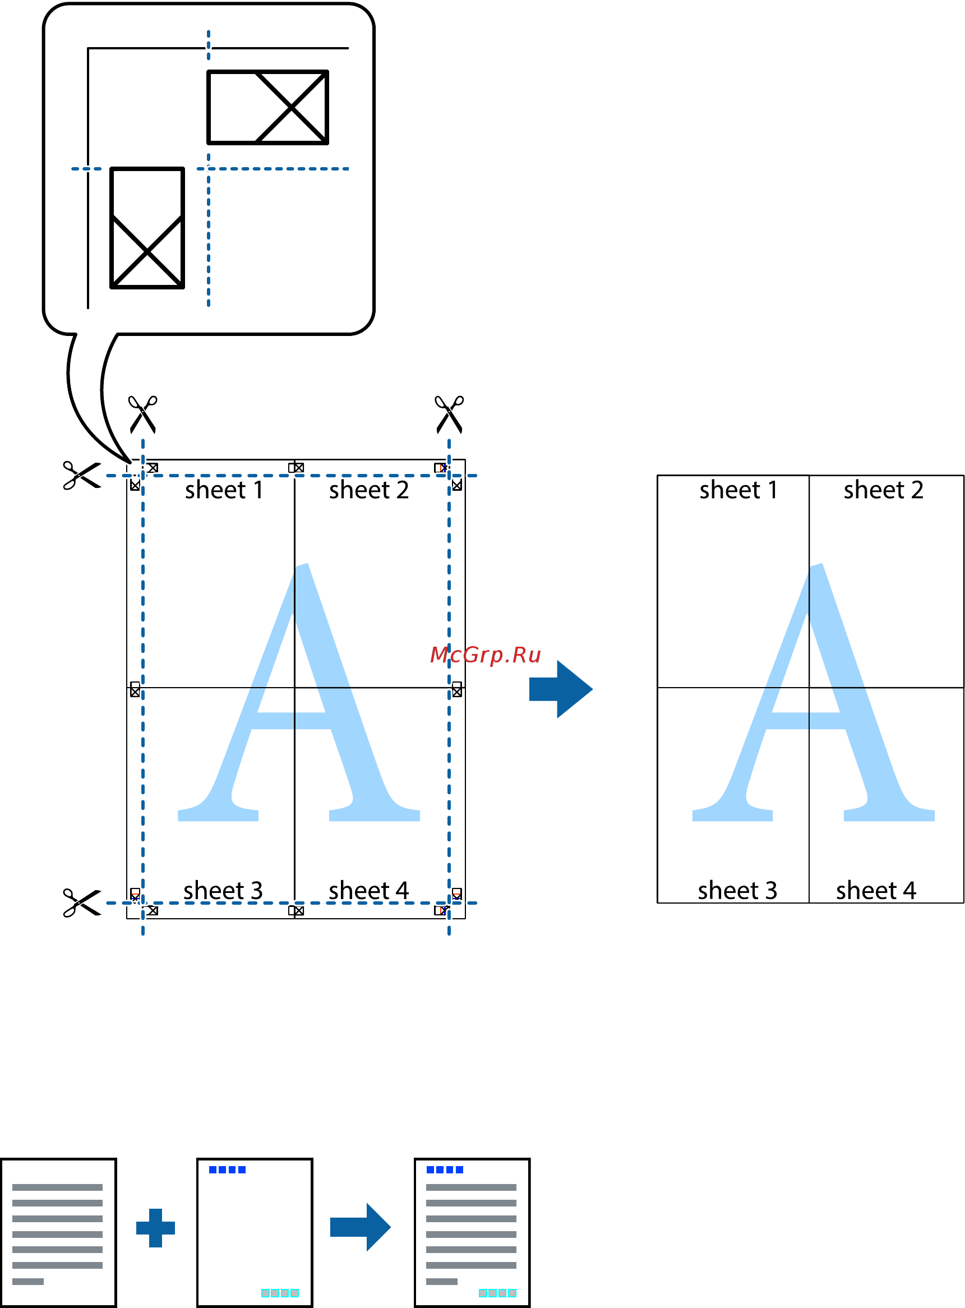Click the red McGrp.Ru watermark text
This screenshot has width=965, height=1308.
[486, 655]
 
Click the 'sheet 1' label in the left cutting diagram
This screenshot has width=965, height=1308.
[224, 490]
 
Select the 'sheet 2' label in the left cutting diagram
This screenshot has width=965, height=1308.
[368, 490]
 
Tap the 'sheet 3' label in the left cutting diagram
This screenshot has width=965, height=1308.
[223, 890]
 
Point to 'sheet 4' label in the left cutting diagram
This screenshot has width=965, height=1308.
[368, 890]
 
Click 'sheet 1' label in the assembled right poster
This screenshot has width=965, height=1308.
[738, 490]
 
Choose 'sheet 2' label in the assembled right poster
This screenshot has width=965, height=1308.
[883, 490]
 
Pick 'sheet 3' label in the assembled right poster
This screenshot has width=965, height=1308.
[737, 890]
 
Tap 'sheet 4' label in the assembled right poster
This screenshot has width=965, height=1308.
[876, 890]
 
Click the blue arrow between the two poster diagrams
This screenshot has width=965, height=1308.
[561, 689]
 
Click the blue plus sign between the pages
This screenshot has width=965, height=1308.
[155, 1228]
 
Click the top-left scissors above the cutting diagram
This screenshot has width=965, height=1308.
[142, 414]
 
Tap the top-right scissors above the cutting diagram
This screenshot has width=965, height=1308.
[449, 414]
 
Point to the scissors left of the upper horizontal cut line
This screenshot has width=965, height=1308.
[82, 475]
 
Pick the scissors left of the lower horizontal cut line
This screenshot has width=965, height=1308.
[82, 902]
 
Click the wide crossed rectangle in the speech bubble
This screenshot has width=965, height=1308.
[267, 108]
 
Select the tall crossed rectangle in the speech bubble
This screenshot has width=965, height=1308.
[147, 228]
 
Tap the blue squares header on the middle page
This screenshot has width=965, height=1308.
[227, 1169]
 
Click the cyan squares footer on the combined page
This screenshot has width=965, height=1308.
[497, 1293]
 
